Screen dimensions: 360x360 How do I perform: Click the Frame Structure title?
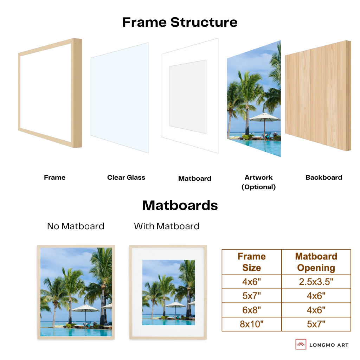tap(180, 22)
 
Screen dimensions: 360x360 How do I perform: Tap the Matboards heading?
tap(180, 205)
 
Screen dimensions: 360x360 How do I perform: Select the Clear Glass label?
tap(126, 178)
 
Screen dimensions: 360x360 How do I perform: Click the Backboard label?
tap(324, 178)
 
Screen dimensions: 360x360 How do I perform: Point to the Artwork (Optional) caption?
tap(258, 182)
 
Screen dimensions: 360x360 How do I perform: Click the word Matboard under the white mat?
tap(195, 179)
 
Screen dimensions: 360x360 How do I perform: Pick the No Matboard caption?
tap(76, 226)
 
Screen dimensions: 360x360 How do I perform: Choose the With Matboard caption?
tap(167, 226)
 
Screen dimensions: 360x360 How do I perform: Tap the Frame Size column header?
tap(251, 262)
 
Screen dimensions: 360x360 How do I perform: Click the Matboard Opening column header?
tap(316, 262)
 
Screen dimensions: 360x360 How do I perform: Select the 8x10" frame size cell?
tap(251, 324)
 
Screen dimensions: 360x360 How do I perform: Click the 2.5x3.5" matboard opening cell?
tap(316, 282)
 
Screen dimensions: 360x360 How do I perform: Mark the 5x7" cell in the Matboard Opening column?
tap(316, 324)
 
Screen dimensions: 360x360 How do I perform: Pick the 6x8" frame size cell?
tap(251, 310)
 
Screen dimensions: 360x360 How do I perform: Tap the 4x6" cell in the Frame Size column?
tap(251, 282)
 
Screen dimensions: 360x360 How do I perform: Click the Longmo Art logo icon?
tap(301, 344)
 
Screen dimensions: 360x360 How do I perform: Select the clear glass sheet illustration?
tap(120, 98)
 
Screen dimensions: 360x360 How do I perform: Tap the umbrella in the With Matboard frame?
tap(175, 304)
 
